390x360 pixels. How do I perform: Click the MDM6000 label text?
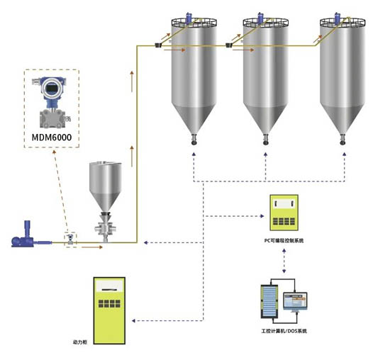click(x=52, y=137)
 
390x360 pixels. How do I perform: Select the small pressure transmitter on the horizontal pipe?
click(x=71, y=239)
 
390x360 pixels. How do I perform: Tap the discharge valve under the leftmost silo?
click(x=194, y=139)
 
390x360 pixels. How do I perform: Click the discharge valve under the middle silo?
click(x=266, y=139)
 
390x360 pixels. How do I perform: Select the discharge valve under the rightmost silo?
click(x=342, y=139)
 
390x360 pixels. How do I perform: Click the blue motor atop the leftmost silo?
click(x=189, y=18)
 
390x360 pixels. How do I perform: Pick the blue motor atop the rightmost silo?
click(x=338, y=18)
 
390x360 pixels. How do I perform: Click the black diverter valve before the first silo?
click(x=158, y=45)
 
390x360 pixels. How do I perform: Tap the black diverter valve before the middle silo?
click(x=229, y=45)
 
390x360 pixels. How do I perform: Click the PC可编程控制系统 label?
click(x=284, y=241)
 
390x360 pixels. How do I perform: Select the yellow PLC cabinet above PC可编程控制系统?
click(x=284, y=213)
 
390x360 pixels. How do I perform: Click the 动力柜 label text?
click(x=80, y=342)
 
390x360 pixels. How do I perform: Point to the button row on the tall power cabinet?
click(x=109, y=303)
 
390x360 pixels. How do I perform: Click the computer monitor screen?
click(x=295, y=301)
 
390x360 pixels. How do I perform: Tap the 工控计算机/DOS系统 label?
click(x=284, y=331)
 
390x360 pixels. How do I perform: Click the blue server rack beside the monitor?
click(x=269, y=301)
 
